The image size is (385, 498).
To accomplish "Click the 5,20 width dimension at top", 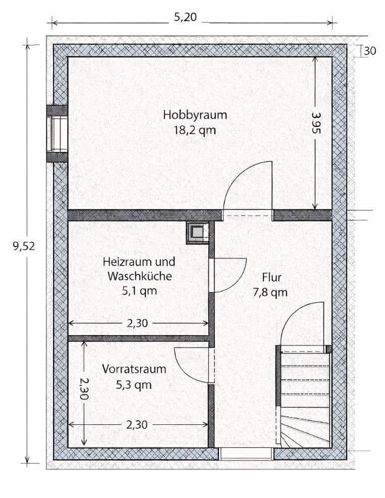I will pyautogui.click(x=185, y=17).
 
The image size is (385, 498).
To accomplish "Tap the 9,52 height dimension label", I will pyautogui.click(x=24, y=246).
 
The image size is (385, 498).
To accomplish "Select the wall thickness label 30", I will pyautogui.click(x=370, y=51).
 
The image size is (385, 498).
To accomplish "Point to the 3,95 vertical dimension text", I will pyautogui.click(x=316, y=124).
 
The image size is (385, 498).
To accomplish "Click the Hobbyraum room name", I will pyautogui.click(x=194, y=114).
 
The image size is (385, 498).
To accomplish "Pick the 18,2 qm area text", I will pyautogui.click(x=194, y=130).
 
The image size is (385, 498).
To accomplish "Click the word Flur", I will pyautogui.click(x=271, y=278).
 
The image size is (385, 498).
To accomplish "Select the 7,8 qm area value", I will pyautogui.click(x=270, y=293).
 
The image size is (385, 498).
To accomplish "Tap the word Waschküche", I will pyautogui.click(x=139, y=276).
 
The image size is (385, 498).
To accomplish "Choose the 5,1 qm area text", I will pyautogui.click(x=139, y=291).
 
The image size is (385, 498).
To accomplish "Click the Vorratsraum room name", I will pyautogui.click(x=134, y=369).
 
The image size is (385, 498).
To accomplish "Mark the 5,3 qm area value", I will pyautogui.click(x=134, y=384).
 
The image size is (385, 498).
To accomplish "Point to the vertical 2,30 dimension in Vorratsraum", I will pyautogui.click(x=85, y=387).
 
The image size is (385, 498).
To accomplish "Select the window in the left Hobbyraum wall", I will pyautogui.click(x=57, y=134).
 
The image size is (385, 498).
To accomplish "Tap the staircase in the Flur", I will pyautogui.click(x=304, y=397).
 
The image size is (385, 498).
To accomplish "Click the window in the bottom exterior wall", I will pyautogui.click(x=246, y=454).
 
